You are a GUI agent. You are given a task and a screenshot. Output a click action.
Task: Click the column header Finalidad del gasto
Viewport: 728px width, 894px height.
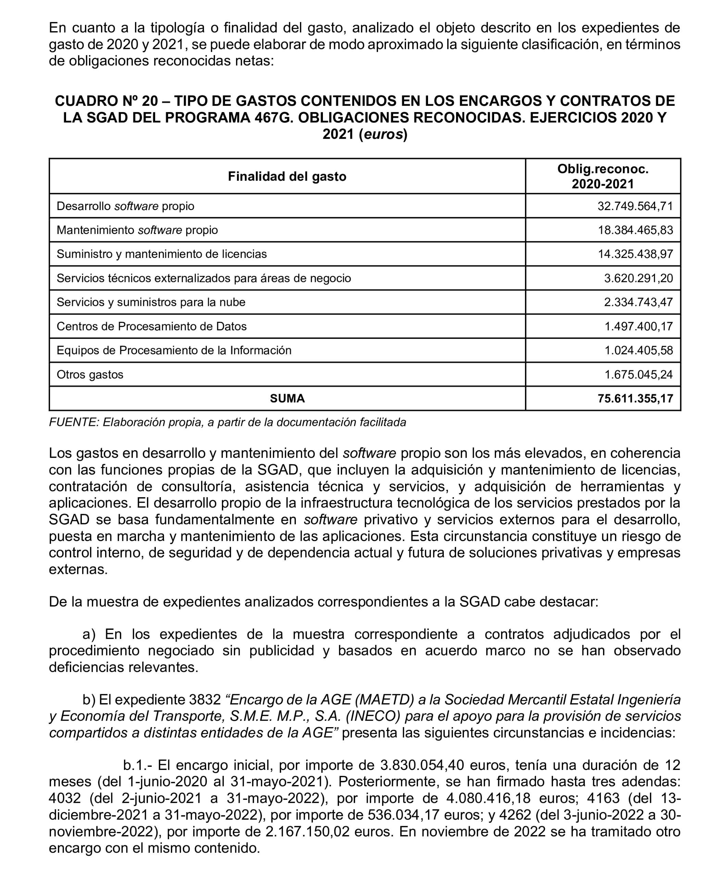tap(287, 176)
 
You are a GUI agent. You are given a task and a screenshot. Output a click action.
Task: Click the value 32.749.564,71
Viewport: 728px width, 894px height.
tap(635, 206)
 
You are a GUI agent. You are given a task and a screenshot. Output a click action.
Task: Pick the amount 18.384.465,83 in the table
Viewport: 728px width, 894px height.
tap(635, 230)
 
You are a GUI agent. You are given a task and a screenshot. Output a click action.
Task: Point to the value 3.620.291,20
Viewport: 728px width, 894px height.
tap(638, 278)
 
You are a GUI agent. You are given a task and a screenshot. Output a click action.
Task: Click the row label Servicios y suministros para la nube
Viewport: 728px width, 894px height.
tap(151, 302)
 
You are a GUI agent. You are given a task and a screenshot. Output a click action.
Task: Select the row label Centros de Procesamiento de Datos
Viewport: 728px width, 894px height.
tap(151, 327)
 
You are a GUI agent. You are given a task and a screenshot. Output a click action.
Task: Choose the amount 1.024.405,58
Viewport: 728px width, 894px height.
tap(638, 350)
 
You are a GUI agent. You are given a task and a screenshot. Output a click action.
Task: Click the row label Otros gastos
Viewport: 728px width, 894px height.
tap(90, 374)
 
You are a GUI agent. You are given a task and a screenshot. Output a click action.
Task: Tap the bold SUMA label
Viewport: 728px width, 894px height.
tap(287, 398)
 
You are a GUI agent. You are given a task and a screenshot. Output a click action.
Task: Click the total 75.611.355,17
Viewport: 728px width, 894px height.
tap(635, 398)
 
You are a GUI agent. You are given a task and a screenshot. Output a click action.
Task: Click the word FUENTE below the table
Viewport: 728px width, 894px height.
tap(73, 422)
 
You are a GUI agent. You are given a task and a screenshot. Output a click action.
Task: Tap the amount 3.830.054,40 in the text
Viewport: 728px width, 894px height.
tap(422, 765)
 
